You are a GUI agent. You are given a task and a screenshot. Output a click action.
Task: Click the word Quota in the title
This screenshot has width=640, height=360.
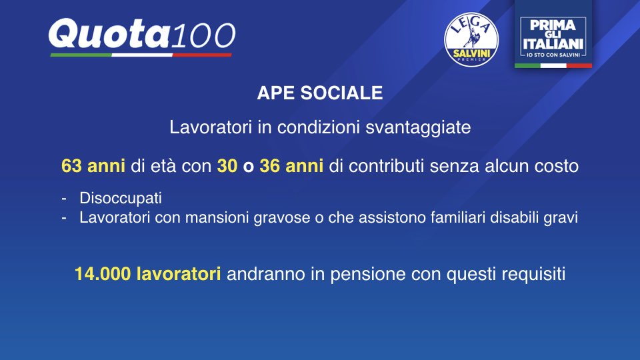pyautogui.click(x=109, y=34)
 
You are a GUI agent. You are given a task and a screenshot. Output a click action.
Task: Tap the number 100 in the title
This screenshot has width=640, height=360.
pyautogui.click(x=203, y=35)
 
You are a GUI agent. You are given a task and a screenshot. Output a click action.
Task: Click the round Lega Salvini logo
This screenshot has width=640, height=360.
pyautogui.click(x=471, y=39)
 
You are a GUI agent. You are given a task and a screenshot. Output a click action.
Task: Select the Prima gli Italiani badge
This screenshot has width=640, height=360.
pyautogui.click(x=553, y=34)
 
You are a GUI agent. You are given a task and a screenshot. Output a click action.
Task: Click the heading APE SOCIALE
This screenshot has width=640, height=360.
pyautogui.click(x=320, y=93)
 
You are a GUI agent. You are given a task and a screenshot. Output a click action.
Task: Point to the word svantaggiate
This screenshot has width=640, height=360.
pyautogui.click(x=418, y=127)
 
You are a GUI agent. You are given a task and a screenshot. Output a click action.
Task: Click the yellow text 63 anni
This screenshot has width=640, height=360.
pyautogui.click(x=93, y=166)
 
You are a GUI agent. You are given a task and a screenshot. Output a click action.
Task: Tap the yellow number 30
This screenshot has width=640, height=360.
pyautogui.click(x=227, y=166)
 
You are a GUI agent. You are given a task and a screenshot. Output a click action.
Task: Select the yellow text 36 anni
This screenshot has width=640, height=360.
pyautogui.click(x=291, y=166)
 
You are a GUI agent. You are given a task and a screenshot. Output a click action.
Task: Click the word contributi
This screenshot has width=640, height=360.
pyautogui.click(x=387, y=166)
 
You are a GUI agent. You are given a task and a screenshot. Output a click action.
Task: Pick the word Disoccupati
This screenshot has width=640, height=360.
pyautogui.click(x=121, y=199)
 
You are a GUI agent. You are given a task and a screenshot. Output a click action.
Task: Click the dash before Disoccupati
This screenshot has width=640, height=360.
pyautogui.click(x=64, y=199)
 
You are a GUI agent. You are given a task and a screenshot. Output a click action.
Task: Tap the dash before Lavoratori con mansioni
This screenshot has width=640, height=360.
pyautogui.click(x=64, y=219)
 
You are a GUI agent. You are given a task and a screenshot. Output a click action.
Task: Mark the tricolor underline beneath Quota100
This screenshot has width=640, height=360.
pyautogui.click(x=141, y=55)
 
